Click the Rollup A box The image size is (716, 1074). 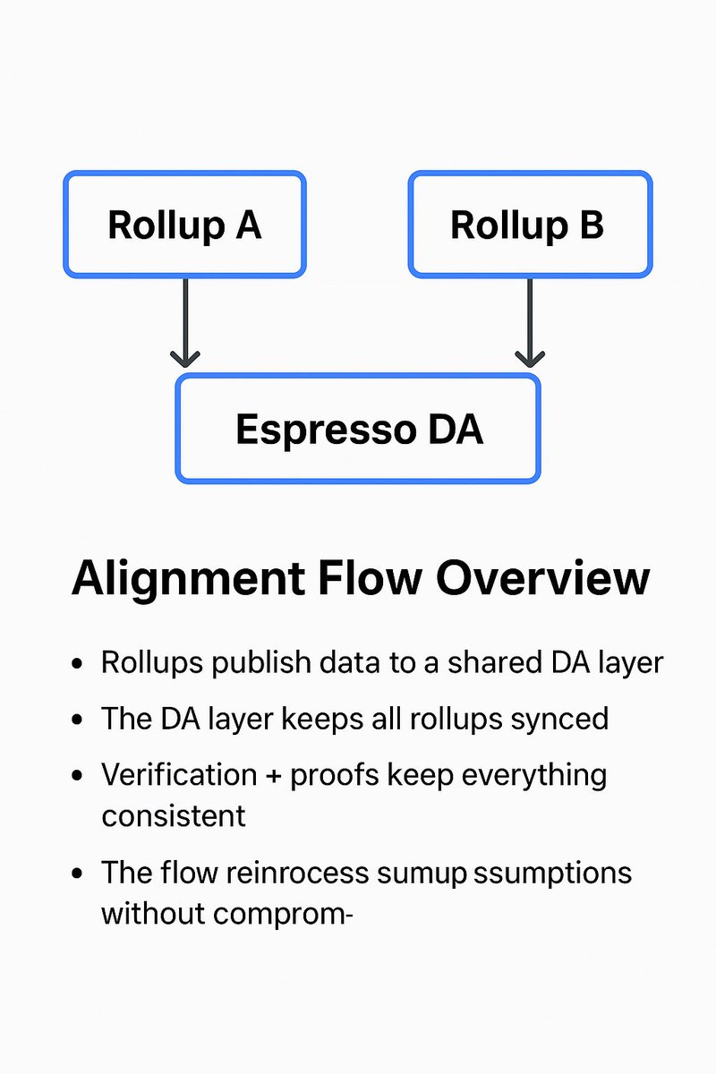pos(184,225)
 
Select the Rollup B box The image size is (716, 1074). pos(530,225)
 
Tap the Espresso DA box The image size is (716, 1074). pos(358,430)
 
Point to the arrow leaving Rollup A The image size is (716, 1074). pos(184,322)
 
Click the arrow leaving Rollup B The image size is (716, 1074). pos(530,322)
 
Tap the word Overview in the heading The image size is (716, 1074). pos(542,579)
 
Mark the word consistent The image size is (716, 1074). pos(173,815)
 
